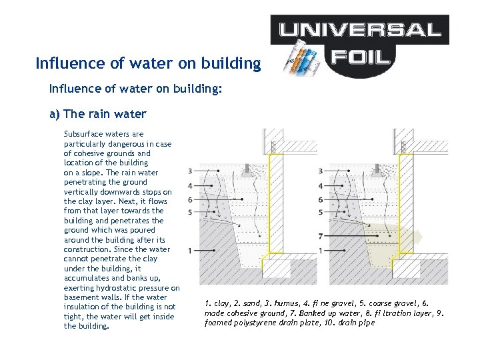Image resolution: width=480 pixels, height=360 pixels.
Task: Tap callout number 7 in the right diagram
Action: coord(321,236)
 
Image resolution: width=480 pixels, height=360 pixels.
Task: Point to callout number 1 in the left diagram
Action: coord(191,250)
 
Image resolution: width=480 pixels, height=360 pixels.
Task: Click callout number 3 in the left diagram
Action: coord(191,171)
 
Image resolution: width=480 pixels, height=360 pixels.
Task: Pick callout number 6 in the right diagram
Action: coord(321,199)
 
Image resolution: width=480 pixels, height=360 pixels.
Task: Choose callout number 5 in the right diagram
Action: coord(321,212)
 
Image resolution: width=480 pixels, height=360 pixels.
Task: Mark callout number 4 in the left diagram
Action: coord(191,185)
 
